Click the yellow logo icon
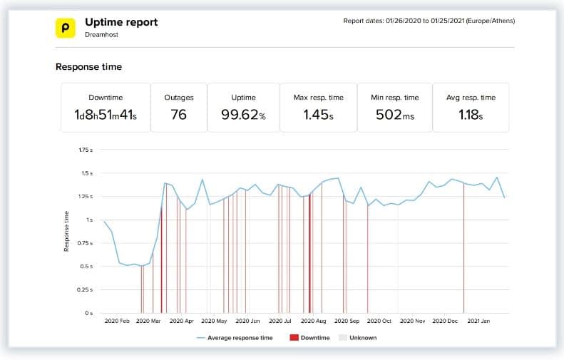pyautogui.click(x=66, y=28)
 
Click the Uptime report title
pyautogui.click(x=121, y=22)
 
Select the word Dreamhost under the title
pyautogui.click(x=101, y=35)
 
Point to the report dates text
pyautogui.click(x=429, y=21)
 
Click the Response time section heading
pyautogui.click(x=88, y=67)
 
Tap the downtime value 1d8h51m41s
pyautogui.click(x=106, y=115)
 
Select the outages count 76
pyautogui.click(x=178, y=115)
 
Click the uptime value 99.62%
pyautogui.click(x=243, y=115)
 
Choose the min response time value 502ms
pyautogui.click(x=394, y=115)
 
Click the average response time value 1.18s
pyautogui.click(x=471, y=115)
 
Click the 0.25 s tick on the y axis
pyautogui.click(x=84, y=290)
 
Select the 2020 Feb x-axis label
pyautogui.click(x=118, y=322)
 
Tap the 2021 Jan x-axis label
pyautogui.click(x=478, y=322)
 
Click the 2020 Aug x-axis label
pyautogui.click(x=313, y=322)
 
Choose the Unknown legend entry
pyautogui.click(x=364, y=338)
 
